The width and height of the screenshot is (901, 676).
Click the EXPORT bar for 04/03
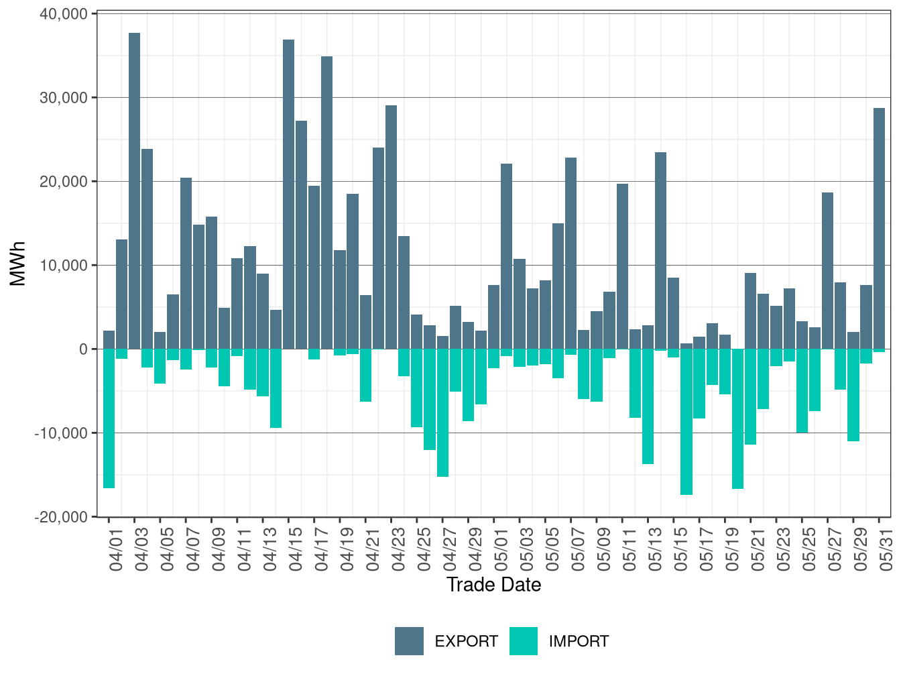[134, 191]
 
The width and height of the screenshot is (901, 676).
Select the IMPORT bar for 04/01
[109, 418]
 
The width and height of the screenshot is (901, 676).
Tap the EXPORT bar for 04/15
[288, 194]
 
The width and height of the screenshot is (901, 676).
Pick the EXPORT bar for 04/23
[392, 227]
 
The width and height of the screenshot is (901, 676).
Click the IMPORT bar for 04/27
[442, 412]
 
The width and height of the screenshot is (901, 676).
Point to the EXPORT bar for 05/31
[879, 229]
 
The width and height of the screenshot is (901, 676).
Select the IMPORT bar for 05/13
[648, 406]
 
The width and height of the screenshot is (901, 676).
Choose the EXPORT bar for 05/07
[570, 253]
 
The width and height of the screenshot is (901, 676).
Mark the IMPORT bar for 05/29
[853, 395]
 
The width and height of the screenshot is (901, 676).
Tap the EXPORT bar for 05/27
[827, 270]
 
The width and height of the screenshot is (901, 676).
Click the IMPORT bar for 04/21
[366, 375]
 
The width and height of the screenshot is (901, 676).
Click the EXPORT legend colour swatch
[409, 640]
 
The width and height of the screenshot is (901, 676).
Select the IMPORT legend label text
[579, 641]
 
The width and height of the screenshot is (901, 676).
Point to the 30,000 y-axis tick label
[64, 98]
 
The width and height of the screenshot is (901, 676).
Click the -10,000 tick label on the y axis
[61, 433]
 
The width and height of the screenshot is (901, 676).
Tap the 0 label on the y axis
[84, 349]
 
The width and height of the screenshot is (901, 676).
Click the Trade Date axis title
[494, 585]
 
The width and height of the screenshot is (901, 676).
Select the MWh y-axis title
[17, 264]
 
